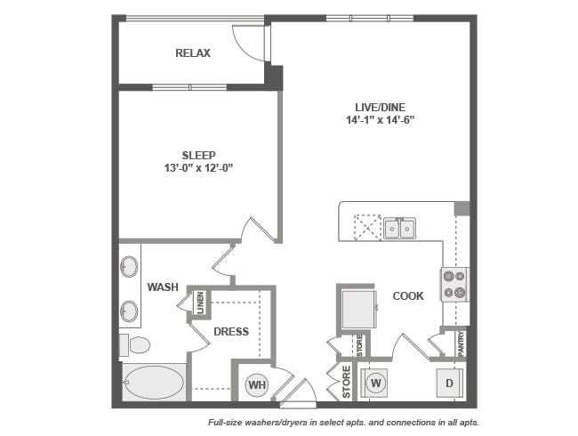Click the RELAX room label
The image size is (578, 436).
193,53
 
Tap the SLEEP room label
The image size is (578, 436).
198,156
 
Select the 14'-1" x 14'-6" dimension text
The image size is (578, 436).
381,120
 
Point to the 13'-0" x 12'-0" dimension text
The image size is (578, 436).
199,168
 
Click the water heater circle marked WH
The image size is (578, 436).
257,384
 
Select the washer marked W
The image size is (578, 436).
375,383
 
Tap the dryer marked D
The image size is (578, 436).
449,383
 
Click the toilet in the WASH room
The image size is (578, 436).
134,345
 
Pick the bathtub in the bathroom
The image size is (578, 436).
154,382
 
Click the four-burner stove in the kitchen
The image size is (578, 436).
454,285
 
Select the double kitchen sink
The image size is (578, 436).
399,229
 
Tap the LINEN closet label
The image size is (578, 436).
200,303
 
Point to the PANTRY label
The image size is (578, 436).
461,343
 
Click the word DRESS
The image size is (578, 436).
231,332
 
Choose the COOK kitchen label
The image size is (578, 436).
408,295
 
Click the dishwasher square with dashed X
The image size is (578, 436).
367,227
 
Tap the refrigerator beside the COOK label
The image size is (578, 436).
359,309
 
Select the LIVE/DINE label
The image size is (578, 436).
381,108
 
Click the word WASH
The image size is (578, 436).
163,287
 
